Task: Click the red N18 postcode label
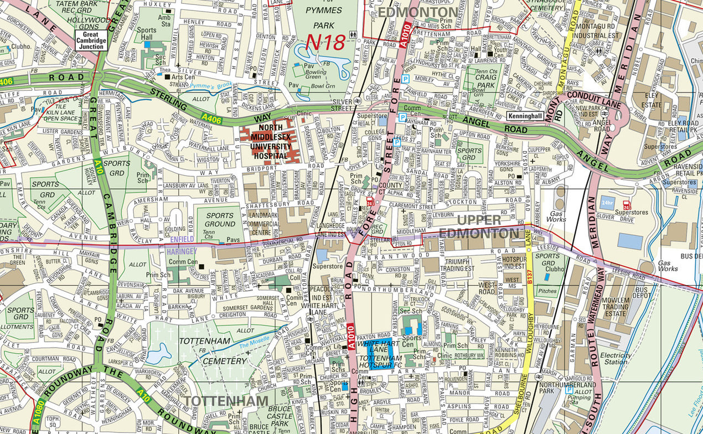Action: [x=325, y=42]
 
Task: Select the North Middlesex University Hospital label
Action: [x=270, y=142]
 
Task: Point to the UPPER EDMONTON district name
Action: [x=479, y=226]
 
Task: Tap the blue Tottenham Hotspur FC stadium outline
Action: [x=381, y=354]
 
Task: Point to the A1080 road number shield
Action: [x=37, y=413]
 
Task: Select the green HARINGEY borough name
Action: [x=182, y=251]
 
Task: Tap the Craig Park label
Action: [x=485, y=82]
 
